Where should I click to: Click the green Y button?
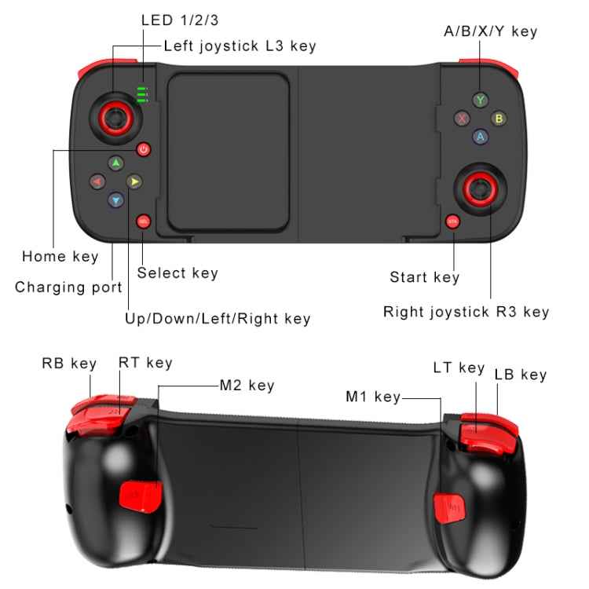480,101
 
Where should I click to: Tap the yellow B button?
499,119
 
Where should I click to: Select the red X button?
462,119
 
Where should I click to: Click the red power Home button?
143,149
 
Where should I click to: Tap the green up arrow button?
116,163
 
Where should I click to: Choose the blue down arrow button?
116,200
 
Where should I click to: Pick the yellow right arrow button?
134,182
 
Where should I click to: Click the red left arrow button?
97,182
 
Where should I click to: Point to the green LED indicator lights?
142,95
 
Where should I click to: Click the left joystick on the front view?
115,119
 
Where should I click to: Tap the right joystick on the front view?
481,189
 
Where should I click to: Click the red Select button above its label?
143,221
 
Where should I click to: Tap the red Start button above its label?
452,221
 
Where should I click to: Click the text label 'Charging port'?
68,287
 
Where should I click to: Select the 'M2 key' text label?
247,386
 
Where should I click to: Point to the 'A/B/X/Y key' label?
491,31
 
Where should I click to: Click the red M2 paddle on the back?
141,496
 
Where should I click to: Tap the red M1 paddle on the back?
449,508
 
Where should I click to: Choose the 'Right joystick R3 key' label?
466,312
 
